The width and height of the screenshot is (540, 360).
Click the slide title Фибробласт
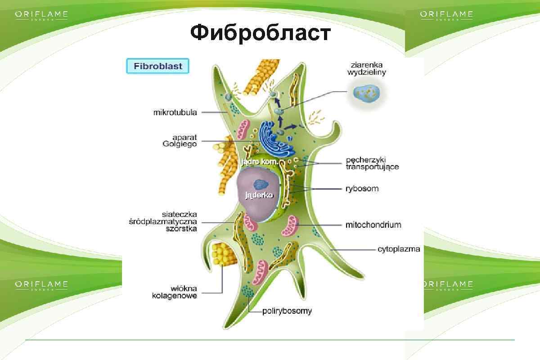pos(260,33)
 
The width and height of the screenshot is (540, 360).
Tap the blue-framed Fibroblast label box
pos(157,66)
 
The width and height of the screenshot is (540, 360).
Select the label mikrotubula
pos(175,112)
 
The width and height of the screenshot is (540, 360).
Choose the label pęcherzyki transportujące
pos(372,163)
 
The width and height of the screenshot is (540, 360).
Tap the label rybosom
pos(362,189)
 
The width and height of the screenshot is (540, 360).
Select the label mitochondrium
pos(373,224)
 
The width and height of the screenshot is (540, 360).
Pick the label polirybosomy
pos(287,311)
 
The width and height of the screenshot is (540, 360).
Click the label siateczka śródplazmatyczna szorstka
pos(169,221)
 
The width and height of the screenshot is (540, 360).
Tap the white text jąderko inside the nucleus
pos(259,195)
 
